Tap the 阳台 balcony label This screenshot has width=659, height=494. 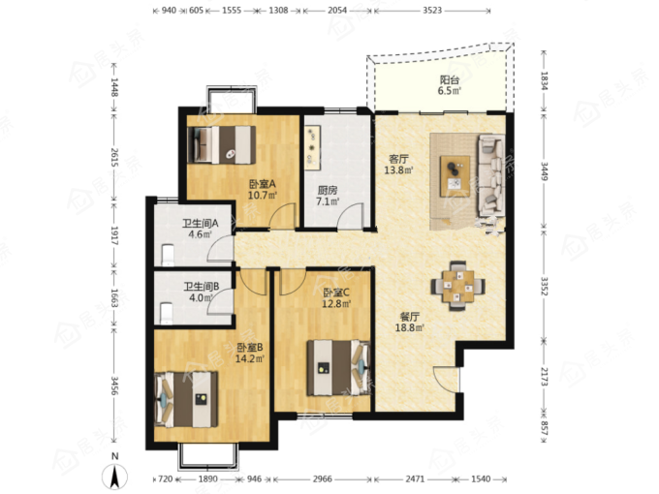tap(450, 79)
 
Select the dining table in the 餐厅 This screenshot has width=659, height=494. tap(457, 287)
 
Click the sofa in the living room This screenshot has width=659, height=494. tap(491, 175)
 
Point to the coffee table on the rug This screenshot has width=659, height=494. tap(455, 176)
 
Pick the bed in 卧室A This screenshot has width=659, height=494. tap(222, 144)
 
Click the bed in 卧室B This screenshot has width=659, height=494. tap(186, 399)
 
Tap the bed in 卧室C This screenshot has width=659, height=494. tap(339, 368)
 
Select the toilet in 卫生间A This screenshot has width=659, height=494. tap(168, 255)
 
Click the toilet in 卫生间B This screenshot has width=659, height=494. tap(167, 314)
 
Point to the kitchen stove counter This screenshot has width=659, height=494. tap(313, 148)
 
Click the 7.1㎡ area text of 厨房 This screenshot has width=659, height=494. tap(328, 201)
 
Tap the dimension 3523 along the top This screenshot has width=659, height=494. tap(432, 10)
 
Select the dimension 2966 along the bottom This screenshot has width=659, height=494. tap(323, 479)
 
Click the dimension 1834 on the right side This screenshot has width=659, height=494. tap(545, 80)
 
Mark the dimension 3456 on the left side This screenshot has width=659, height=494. tap(114, 386)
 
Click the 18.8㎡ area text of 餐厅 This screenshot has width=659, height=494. tap(409, 327)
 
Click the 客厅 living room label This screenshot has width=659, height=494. tap(398, 159)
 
